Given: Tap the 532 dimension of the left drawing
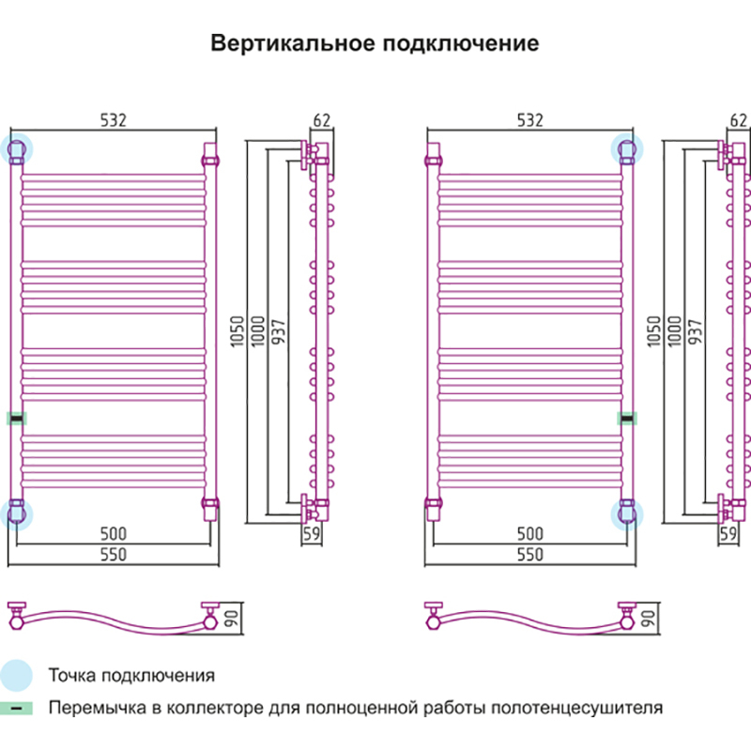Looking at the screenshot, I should click(113, 119).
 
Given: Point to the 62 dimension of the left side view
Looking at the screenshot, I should click(321, 119).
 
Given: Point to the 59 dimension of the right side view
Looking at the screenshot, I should click(728, 534).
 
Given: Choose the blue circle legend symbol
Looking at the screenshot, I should click(17, 675).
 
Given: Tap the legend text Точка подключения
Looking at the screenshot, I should click(131, 676).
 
